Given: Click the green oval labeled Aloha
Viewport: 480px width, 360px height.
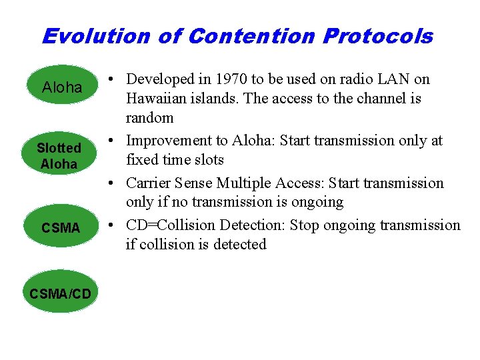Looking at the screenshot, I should pos(61,87).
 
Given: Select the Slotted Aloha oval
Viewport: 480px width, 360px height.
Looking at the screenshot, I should pos(59,156).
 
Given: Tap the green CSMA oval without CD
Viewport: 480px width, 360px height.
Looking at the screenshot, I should pos(60,228).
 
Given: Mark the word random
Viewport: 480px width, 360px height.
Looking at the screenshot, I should pos(150,118).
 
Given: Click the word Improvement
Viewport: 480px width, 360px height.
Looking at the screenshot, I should pos(167,141).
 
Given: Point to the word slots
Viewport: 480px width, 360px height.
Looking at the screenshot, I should pos(207,160).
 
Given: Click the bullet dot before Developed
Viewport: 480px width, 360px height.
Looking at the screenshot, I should pos(116,79).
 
